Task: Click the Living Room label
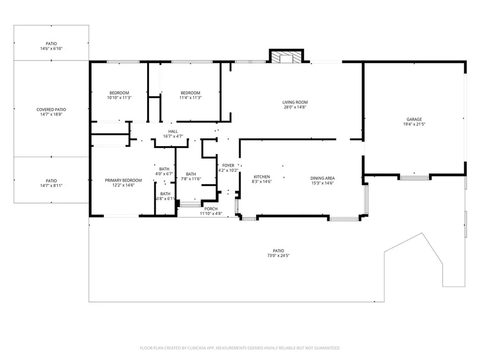(x=295, y=102)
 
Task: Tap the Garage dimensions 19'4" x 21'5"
(x=414, y=124)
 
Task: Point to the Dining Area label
(x=322, y=178)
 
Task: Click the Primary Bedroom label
(x=123, y=180)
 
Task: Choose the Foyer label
(x=228, y=165)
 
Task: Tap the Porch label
(x=211, y=209)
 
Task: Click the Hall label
(x=173, y=131)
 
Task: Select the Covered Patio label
(x=51, y=110)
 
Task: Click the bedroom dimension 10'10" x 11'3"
(x=119, y=97)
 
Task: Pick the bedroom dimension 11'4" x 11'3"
(x=190, y=97)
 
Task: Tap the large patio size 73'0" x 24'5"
(x=279, y=255)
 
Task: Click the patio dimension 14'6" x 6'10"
(x=51, y=48)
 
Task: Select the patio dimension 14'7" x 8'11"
(x=51, y=186)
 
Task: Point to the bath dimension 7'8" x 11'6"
(x=191, y=179)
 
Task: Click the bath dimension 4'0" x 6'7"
(x=164, y=173)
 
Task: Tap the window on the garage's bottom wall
(x=414, y=177)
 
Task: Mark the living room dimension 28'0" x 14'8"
(x=295, y=107)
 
